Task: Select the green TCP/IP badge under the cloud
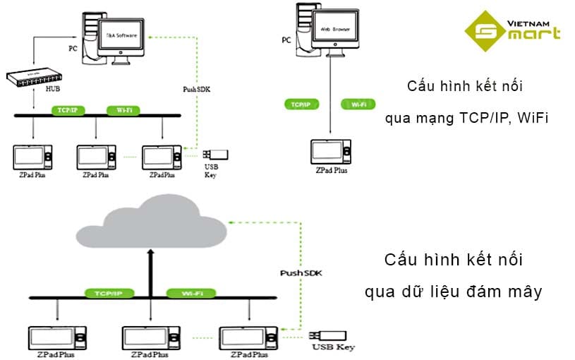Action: tap(104, 292)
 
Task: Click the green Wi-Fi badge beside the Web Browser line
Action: tap(358, 104)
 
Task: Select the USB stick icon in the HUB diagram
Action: tap(216, 155)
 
